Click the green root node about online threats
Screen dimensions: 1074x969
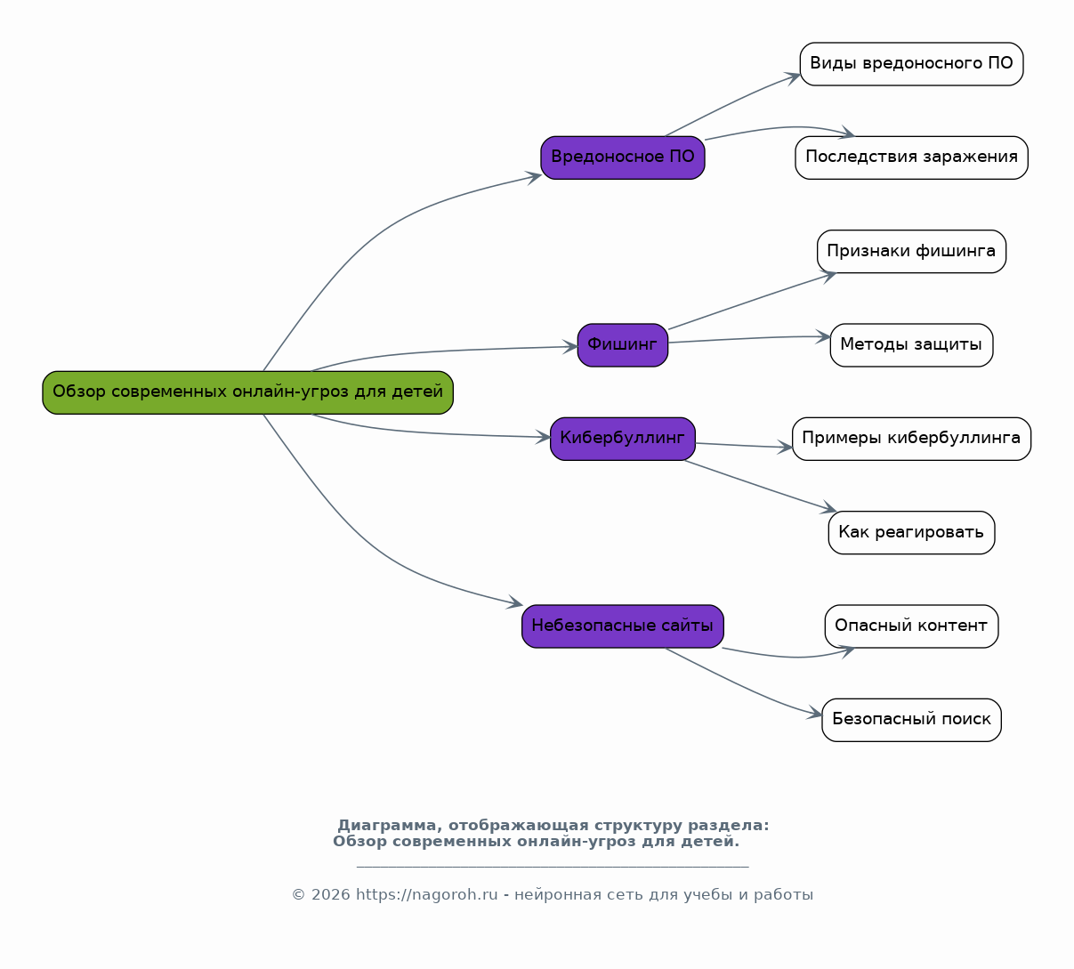[x=248, y=392]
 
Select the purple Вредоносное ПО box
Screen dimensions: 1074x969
[x=623, y=157]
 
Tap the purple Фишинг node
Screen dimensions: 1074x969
[x=623, y=345]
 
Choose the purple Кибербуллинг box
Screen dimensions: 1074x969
[x=623, y=439]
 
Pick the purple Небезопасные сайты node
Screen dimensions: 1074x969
[x=623, y=626]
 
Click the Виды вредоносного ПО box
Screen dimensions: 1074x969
[x=911, y=64]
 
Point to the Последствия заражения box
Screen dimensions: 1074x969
[x=911, y=157]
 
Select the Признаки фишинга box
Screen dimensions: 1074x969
[x=911, y=251]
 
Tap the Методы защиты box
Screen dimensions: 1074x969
[x=911, y=345]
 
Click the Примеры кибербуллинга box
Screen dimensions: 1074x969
[x=911, y=439]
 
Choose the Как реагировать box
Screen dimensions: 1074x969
[x=911, y=532]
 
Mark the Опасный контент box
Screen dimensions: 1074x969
[x=911, y=626]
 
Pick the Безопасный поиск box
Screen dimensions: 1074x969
[x=911, y=720]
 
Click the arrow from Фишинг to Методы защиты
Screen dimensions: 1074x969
[x=749, y=338]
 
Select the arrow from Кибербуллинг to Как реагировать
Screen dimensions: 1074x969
[x=760, y=486]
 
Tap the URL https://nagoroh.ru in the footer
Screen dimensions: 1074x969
[x=427, y=894]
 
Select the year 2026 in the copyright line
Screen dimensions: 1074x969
[x=330, y=894]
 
